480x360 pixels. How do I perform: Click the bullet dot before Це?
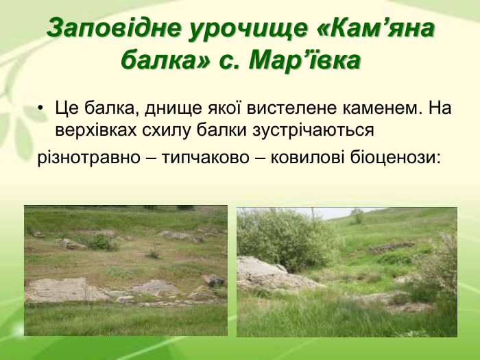point(42,108)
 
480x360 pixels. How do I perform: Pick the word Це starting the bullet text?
point(68,108)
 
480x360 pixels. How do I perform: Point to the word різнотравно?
point(86,157)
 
